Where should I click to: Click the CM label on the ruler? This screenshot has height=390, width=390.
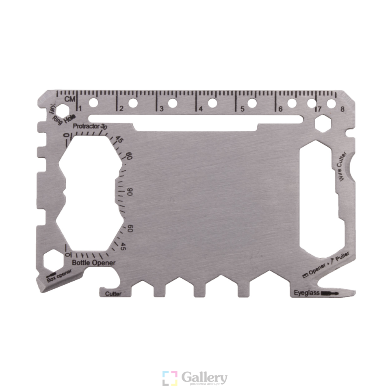point(70,99)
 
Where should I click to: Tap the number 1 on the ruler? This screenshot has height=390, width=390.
point(80,108)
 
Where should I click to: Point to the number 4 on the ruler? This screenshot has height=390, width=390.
point(200,109)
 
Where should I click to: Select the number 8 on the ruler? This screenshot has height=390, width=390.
point(342,109)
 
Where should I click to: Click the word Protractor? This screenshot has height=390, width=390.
point(86,126)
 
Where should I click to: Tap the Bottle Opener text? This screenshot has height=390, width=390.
point(94,263)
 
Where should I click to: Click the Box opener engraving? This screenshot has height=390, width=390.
point(59,275)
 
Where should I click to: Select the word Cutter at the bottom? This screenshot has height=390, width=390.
point(113,294)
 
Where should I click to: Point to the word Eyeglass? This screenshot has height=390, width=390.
point(307,293)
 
